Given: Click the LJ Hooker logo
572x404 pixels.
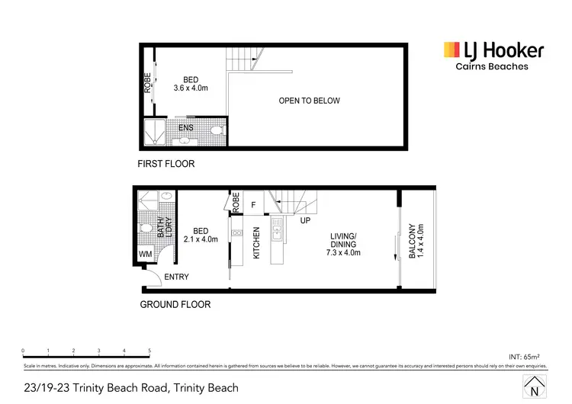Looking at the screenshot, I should pos(493,51).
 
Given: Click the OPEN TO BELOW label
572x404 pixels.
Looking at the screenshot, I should pos(309,101).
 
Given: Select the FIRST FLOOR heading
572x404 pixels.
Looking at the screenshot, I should pos(165,164).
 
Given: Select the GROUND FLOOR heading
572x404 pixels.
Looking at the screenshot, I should pos(175,304).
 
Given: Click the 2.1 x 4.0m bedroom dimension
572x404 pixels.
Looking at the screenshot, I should pos(201,240).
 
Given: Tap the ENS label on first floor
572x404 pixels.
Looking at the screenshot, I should pos(185,128).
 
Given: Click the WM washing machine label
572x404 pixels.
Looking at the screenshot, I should pos(146,255).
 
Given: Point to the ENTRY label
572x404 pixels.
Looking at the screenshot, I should pos(176,277).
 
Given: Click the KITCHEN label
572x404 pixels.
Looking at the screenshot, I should pos(257,242).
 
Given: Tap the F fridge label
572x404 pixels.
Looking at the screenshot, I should pos(253,204).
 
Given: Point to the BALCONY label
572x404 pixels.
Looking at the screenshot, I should pos(412,241).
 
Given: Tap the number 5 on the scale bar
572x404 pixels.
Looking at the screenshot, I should pos(149,351).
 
